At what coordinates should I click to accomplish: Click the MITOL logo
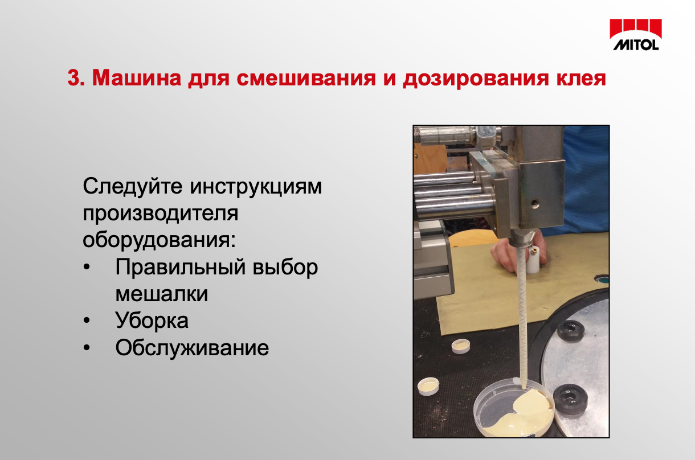click(x=636, y=35)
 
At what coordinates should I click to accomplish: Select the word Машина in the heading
click(x=137, y=77)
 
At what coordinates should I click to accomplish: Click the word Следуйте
click(x=133, y=187)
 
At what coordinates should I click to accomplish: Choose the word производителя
click(x=161, y=214)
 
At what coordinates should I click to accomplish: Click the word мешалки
click(x=162, y=294)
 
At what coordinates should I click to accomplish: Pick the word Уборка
click(x=152, y=321)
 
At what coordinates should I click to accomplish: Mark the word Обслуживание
click(x=192, y=347)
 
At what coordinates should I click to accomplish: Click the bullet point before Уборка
click(x=87, y=321)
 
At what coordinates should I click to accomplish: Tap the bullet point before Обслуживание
click(x=87, y=348)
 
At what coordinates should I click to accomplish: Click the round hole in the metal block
click(x=534, y=204)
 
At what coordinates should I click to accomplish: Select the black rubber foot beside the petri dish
click(x=571, y=399)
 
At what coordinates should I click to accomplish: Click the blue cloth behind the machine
click(x=585, y=180)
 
